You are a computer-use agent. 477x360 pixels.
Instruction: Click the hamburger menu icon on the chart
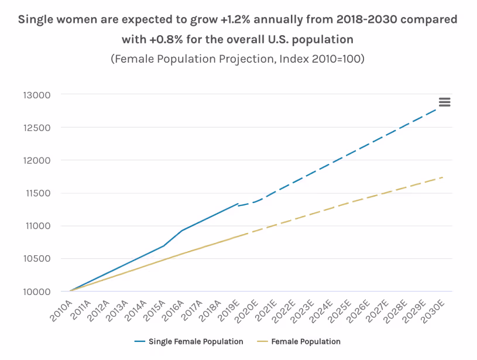click(444, 102)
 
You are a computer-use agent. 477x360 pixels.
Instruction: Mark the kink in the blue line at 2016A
click(181, 231)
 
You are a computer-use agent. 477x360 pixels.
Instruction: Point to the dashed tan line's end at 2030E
click(443, 177)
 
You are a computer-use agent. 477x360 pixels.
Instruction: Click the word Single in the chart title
click(36, 19)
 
